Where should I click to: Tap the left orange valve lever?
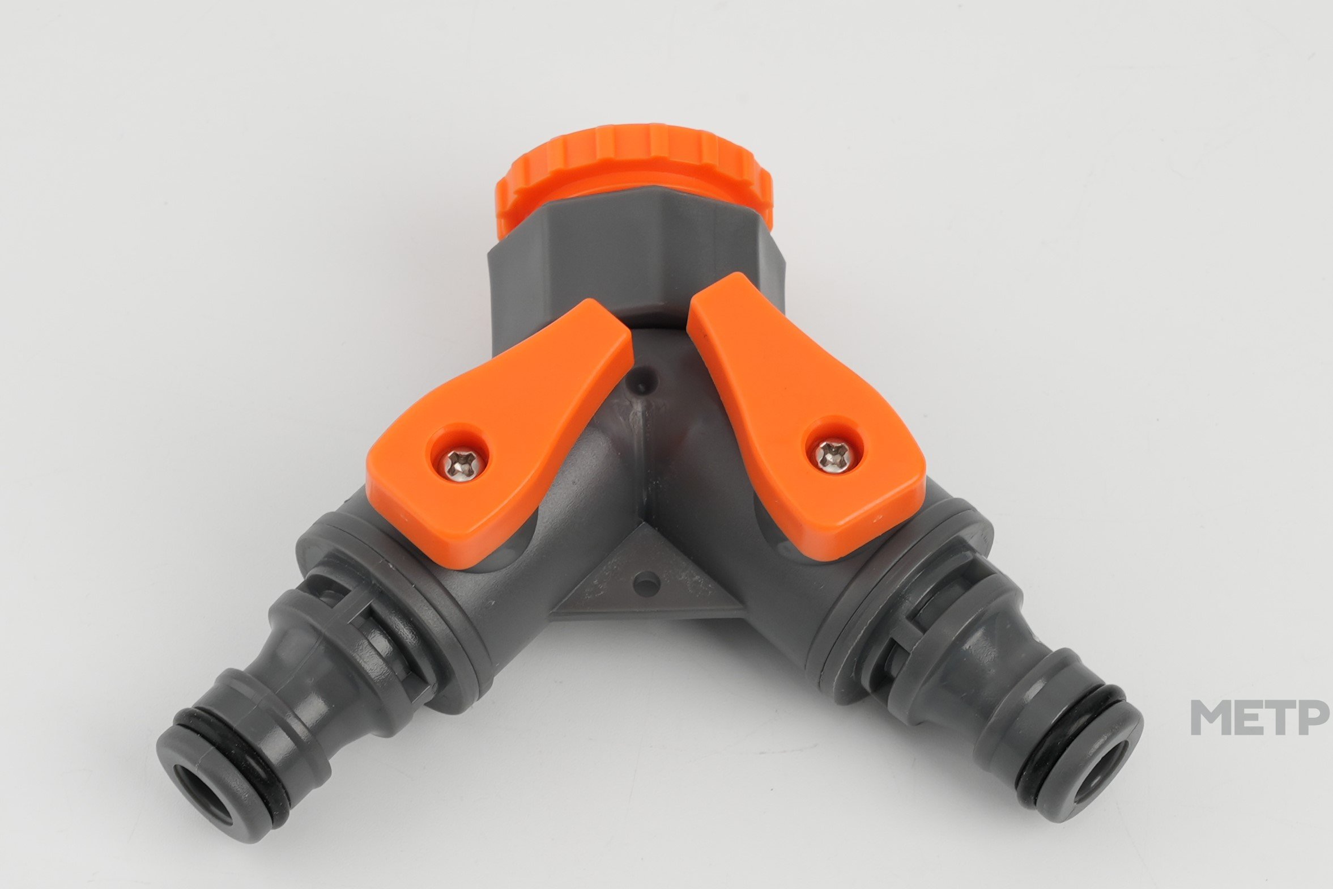point(500,433)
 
